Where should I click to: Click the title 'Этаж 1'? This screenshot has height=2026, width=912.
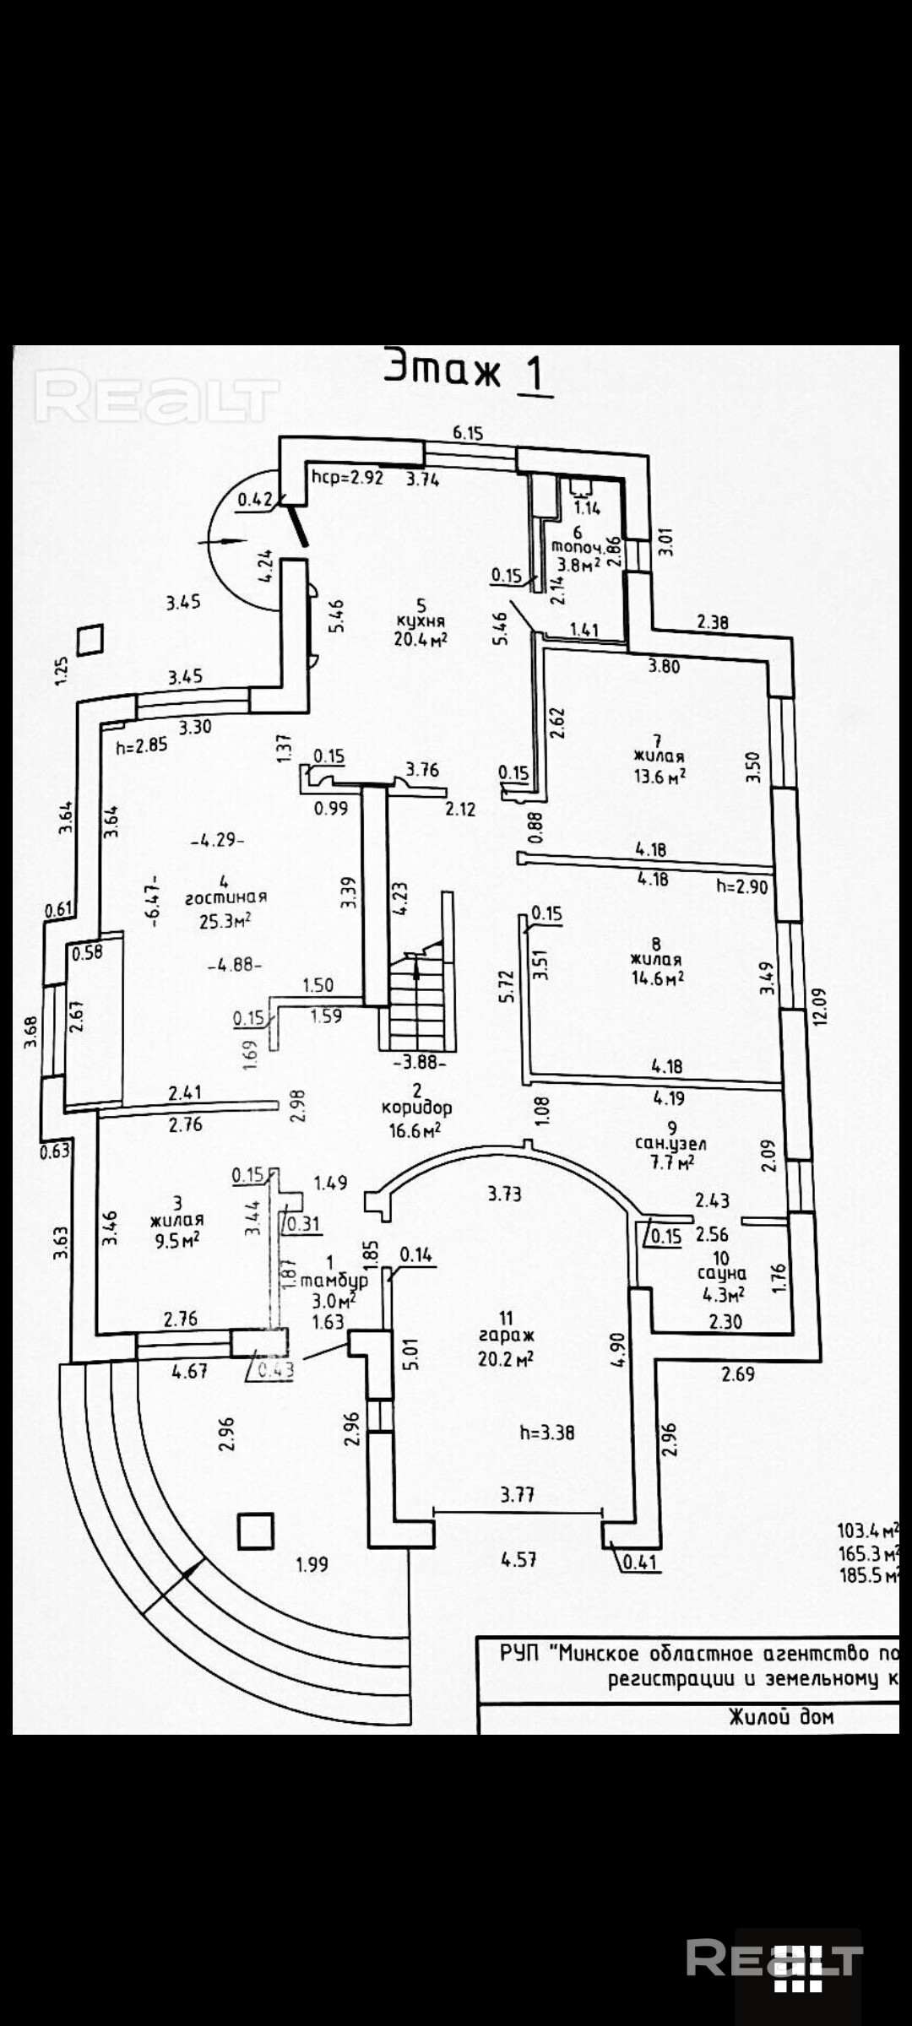pos(467,371)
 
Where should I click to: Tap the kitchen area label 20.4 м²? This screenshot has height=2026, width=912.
pos(420,638)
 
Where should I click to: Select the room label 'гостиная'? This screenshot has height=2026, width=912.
pos(226,897)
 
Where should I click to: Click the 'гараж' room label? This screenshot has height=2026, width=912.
pos(506,1336)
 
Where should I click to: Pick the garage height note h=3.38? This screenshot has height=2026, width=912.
pos(546,1432)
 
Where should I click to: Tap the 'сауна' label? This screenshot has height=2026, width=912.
pos(721,1273)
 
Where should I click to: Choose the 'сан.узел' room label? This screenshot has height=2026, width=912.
pos(670,1143)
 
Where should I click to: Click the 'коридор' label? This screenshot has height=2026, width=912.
pos(416,1107)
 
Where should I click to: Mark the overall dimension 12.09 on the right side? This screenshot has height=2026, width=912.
pos(820,1005)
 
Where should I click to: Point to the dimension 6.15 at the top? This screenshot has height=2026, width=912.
pos(468,433)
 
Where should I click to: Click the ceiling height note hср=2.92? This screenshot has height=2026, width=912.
pos(347,477)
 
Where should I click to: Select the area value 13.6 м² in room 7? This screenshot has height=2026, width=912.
pos(660,776)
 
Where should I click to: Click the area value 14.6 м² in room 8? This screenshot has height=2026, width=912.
pos(657,978)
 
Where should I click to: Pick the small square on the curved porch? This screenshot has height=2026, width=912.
pos(255,1530)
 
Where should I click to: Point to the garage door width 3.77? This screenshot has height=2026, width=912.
pos(517,1494)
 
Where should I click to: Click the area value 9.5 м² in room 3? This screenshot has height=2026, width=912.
pos(176,1239)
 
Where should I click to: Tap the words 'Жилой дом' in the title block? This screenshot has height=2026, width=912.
pos(781,1716)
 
